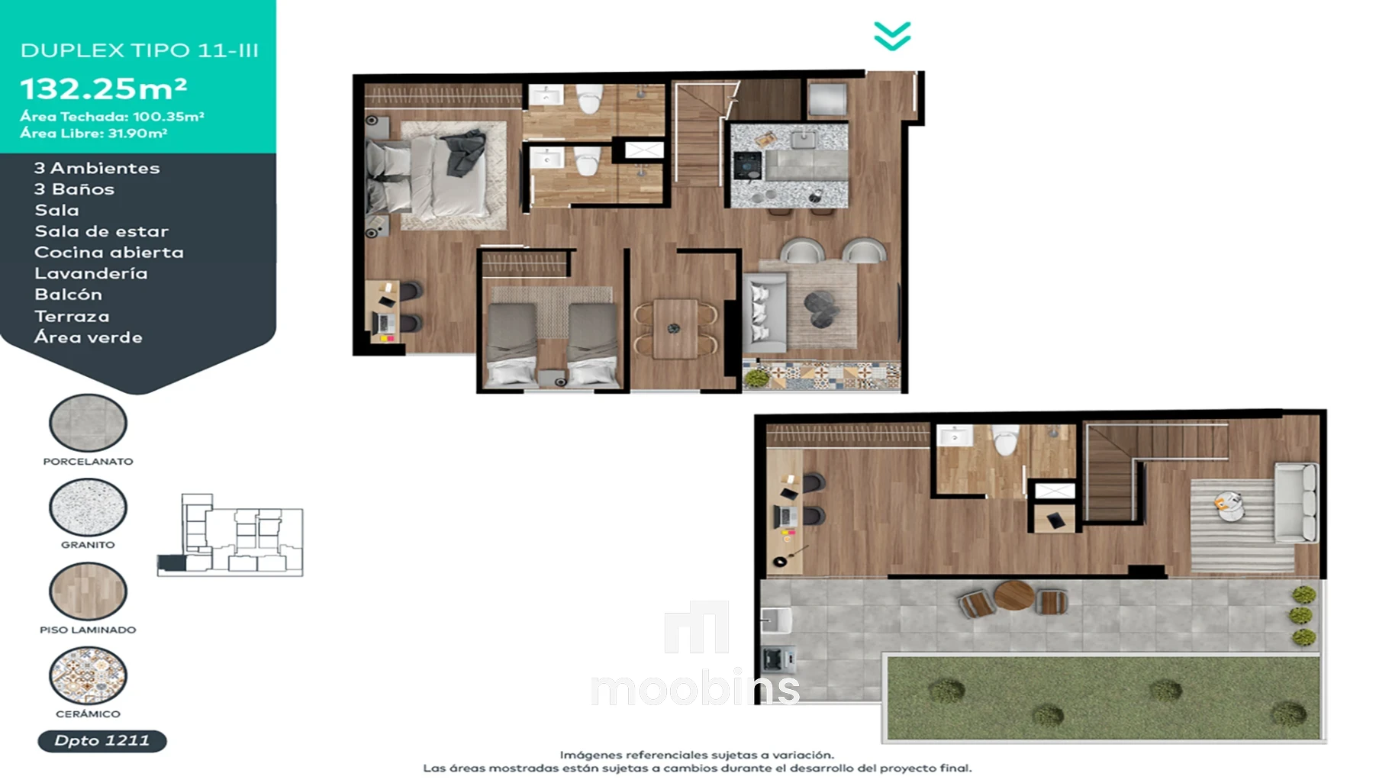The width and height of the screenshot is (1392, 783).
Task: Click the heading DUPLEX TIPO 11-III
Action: click(x=140, y=50)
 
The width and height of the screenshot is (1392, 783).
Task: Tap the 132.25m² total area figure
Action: click(x=104, y=89)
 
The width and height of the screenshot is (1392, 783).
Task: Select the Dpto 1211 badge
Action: click(x=102, y=741)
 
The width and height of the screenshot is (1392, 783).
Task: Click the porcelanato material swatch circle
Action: click(x=88, y=423)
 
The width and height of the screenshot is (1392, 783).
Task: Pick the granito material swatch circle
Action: click(x=88, y=507)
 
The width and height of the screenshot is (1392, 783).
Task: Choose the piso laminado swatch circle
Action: click(x=88, y=591)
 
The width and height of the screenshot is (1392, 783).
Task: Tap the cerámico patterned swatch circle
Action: click(x=88, y=675)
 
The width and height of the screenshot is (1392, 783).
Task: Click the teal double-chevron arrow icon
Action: click(x=892, y=36)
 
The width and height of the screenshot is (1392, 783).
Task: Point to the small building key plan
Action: click(x=230, y=535)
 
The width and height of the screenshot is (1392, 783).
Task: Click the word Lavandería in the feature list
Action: click(x=91, y=273)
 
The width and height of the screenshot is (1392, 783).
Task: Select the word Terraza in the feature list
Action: click(x=72, y=316)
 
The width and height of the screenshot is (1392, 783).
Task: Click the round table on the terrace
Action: click(x=1014, y=595)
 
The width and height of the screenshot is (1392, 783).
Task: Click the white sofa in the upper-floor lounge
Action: click(x=1296, y=502)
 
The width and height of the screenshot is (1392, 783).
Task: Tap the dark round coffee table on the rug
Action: click(x=822, y=308)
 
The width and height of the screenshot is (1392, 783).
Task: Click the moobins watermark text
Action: click(x=695, y=689)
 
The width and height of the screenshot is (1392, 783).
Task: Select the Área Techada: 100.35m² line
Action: click(x=112, y=117)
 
